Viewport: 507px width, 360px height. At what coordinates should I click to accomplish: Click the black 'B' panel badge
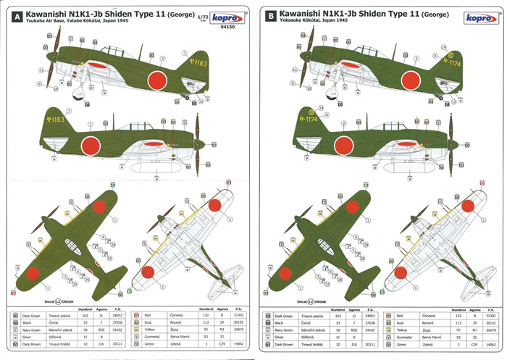pyautogui.click(x=271, y=14)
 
